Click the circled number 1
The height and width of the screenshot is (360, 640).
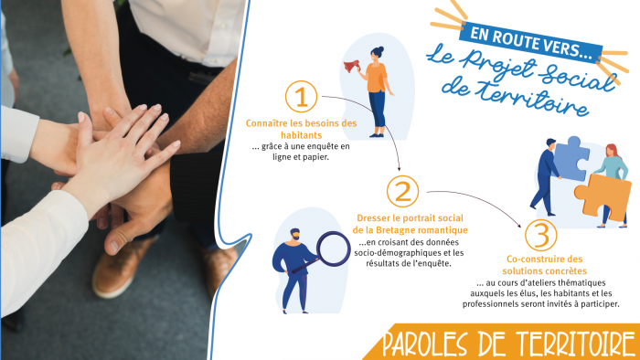(x=301, y=97)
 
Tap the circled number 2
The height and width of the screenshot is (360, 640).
(x=403, y=191)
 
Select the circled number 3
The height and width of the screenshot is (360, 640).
(x=541, y=235)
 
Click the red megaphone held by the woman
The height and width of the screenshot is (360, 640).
(x=351, y=65)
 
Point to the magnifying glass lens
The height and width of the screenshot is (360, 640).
(x=333, y=249)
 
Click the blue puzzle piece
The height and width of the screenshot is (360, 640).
(x=571, y=158)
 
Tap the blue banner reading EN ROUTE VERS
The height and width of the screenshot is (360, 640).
(x=530, y=42)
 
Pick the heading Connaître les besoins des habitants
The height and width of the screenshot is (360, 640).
(x=301, y=129)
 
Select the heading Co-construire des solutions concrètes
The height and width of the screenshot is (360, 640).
(x=545, y=265)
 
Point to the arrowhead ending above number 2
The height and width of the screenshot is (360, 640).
(x=400, y=168)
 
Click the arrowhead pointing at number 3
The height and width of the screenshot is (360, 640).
(x=518, y=226)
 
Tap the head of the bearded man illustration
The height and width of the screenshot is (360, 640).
(x=294, y=235)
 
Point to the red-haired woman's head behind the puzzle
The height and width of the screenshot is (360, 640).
(x=611, y=152)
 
